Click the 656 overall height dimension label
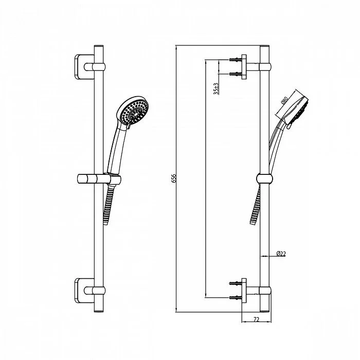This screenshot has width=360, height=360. tap(174, 178)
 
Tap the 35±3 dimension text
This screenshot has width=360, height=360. tap(216, 88)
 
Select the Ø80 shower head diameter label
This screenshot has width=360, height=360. tap(284, 100)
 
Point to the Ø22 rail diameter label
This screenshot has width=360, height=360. tap(281, 254)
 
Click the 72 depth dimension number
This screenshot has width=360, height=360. tap(256, 319)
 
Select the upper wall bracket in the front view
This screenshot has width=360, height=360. tap(84, 67)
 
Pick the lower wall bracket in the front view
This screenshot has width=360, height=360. tap(84, 291)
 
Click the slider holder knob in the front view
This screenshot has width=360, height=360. tap(85, 178)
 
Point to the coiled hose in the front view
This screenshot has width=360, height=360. tap(109, 204)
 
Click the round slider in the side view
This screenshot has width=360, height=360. tap(264, 178)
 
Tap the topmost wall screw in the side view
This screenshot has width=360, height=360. tap(235, 60)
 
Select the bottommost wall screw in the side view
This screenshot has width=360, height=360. tap(235, 298)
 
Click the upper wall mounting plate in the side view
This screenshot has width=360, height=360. tap(244, 67)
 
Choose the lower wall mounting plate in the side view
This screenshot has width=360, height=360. tap(244, 291)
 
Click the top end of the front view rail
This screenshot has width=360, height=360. tap(99, 45)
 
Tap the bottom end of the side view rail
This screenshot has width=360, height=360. tap(264, 312)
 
